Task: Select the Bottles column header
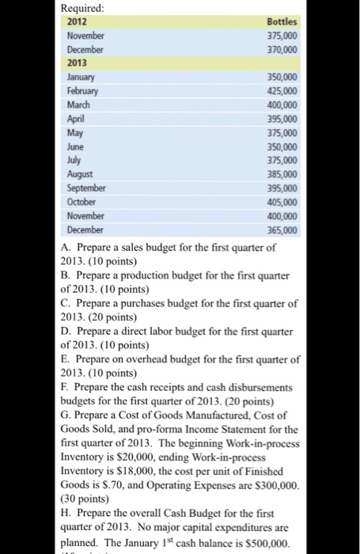[x=282, y=24]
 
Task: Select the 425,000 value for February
[x=283, y=89]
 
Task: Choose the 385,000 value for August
[x=283, y=174]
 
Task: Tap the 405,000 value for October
[x=283, y=201]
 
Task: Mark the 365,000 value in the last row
[x=283, y=230]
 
